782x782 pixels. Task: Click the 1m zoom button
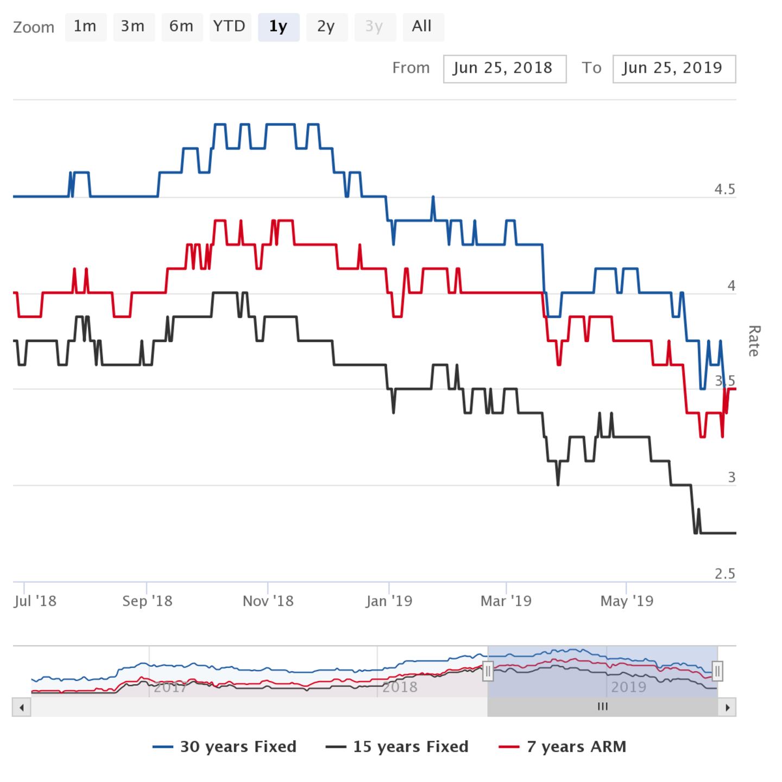85,27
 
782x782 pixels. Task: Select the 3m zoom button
133,27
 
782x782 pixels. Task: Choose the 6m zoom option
181,27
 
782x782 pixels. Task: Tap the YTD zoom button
229,27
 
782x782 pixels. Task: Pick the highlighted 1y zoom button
278,27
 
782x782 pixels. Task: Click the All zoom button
422,27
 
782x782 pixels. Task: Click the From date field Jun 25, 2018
504,68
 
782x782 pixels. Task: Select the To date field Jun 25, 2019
673,68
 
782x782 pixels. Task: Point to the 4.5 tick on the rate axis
724,190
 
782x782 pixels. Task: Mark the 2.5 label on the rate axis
724,574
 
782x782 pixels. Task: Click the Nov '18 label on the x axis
268,601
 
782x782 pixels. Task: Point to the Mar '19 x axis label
506,601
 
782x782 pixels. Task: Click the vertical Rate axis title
754,341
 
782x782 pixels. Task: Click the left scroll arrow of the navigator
21,707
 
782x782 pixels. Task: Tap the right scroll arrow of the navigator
727,707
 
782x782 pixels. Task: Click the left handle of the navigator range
488,671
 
